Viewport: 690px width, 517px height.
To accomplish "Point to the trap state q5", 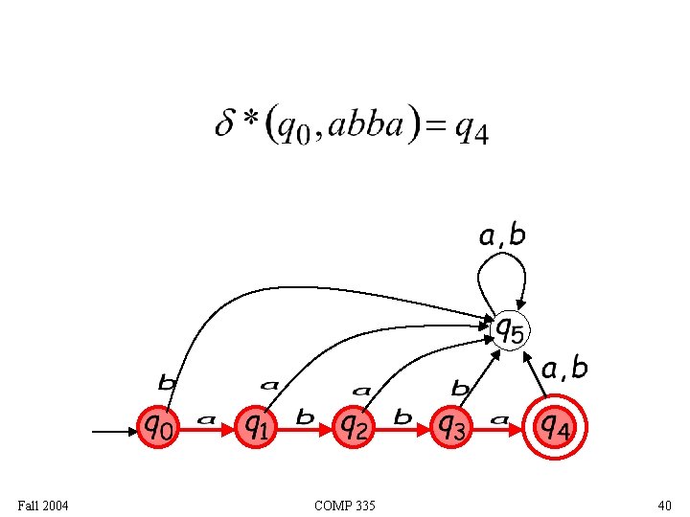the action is point(509,330).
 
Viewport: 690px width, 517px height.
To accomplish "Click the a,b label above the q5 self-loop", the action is point(502,236).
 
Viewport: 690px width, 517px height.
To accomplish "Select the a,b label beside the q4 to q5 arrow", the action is point(564,368).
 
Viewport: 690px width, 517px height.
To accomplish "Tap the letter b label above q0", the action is point(167,383).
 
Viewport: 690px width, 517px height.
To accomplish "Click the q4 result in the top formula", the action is point(471,128).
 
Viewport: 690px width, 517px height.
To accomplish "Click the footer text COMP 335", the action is point(344,505).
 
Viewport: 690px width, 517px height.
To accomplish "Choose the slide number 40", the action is point(664,505).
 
